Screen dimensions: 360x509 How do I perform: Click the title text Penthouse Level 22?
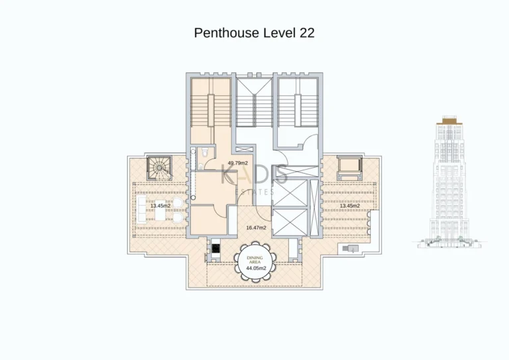pyautogui.click(x=254, y=32)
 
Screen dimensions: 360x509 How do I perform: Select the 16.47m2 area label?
pyautogui.click(x=256, y=227)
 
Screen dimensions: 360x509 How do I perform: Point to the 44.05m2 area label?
pyautogui.click(x=254, y=269)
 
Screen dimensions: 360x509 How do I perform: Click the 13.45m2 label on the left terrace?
pyautogui.click(x=160, y=206)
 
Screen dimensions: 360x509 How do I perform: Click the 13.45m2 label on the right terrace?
pyautogui.click(x=349, y=206)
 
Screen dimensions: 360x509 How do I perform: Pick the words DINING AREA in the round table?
pyautogui.click(x=254, y=260)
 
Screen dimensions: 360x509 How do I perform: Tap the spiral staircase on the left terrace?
pyautogui.click(x=159, y=168)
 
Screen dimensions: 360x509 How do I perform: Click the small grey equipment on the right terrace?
pyautogui.click(x=349, y=248)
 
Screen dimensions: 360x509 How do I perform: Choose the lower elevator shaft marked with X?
pyautogui.click(x=290, y=222)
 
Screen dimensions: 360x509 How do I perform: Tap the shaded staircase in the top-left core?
pyautogui.click(x=211, y=109)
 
